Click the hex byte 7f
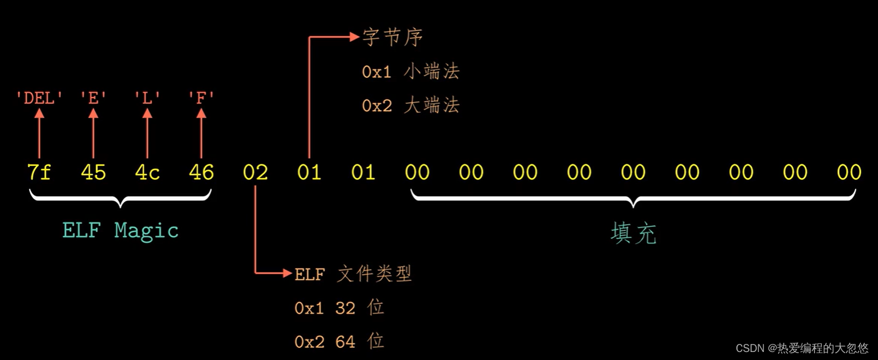point(39,173)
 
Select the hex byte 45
point(93,173)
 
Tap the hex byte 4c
point(147,173)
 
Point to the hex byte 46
point(201,173)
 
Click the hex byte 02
point(255,173)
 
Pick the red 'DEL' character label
point(39,98)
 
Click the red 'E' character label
point(93,98)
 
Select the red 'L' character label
point(147,98)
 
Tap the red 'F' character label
point(201,98)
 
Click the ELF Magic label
point(120,230)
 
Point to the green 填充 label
point(633,233)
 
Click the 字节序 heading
point(393,37)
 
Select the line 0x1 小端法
point(410,72)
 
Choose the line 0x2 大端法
point(410,106)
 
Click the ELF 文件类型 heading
point(353,274)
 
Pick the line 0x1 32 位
point(339,308)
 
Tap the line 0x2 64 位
point(339,342)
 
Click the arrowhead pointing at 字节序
point(354,37)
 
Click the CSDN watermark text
point(802,348)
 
